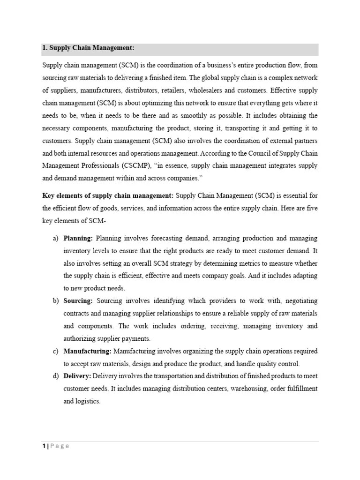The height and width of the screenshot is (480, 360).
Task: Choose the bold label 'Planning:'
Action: click(x=78, y=239)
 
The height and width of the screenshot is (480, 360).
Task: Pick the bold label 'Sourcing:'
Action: click(x=78, y=300)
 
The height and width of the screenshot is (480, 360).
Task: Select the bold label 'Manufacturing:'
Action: click(x=87, y=351)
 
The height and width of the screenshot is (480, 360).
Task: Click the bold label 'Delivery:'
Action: click(x=77, y=376)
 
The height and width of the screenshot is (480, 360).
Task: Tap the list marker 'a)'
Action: click(x=55, y=239)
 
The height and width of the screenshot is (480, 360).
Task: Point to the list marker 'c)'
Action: click(x=55, y=351)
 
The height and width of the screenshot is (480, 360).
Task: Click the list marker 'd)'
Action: click(x=55, y=376)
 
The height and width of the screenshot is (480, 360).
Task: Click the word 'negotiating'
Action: click(x=301, y=300)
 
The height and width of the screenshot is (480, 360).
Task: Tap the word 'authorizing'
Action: click(x=79, y=338)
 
